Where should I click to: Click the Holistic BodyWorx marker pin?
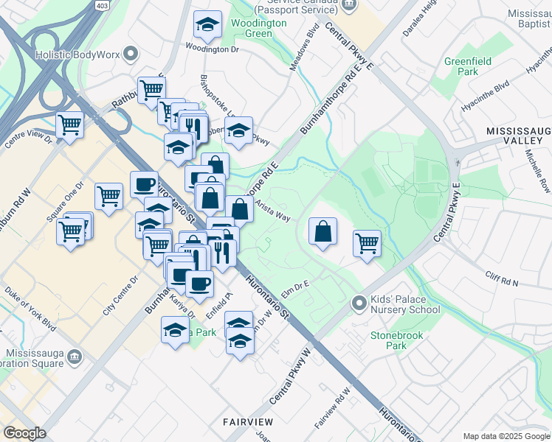click(132, 53)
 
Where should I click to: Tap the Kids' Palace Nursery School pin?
click(359, 303)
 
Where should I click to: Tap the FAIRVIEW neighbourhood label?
click(249, 422)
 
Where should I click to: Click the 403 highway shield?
click(101, 4)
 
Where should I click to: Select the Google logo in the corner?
click(24, 433)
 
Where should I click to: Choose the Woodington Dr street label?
click(213, 49)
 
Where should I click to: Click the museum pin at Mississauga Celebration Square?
click(74, 357)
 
